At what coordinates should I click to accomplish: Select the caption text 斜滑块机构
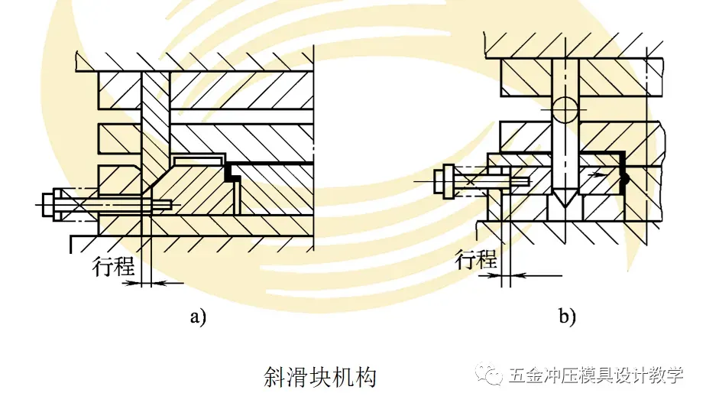[x=319, y=377]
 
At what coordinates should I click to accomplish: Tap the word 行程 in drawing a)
[x=113, y=267]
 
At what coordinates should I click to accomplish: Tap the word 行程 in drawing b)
[x=476, y=259]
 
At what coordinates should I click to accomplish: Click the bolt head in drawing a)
[x=47, y=203]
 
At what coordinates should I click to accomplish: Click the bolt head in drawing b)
[x=442, y=180]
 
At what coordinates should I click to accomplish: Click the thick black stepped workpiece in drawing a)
[x=232, y=177]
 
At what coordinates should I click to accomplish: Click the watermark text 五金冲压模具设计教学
[x=596, y=376]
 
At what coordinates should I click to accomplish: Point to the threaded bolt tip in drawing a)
[x=167, y=204]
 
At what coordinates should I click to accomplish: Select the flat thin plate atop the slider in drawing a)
[x=198, y=158]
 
